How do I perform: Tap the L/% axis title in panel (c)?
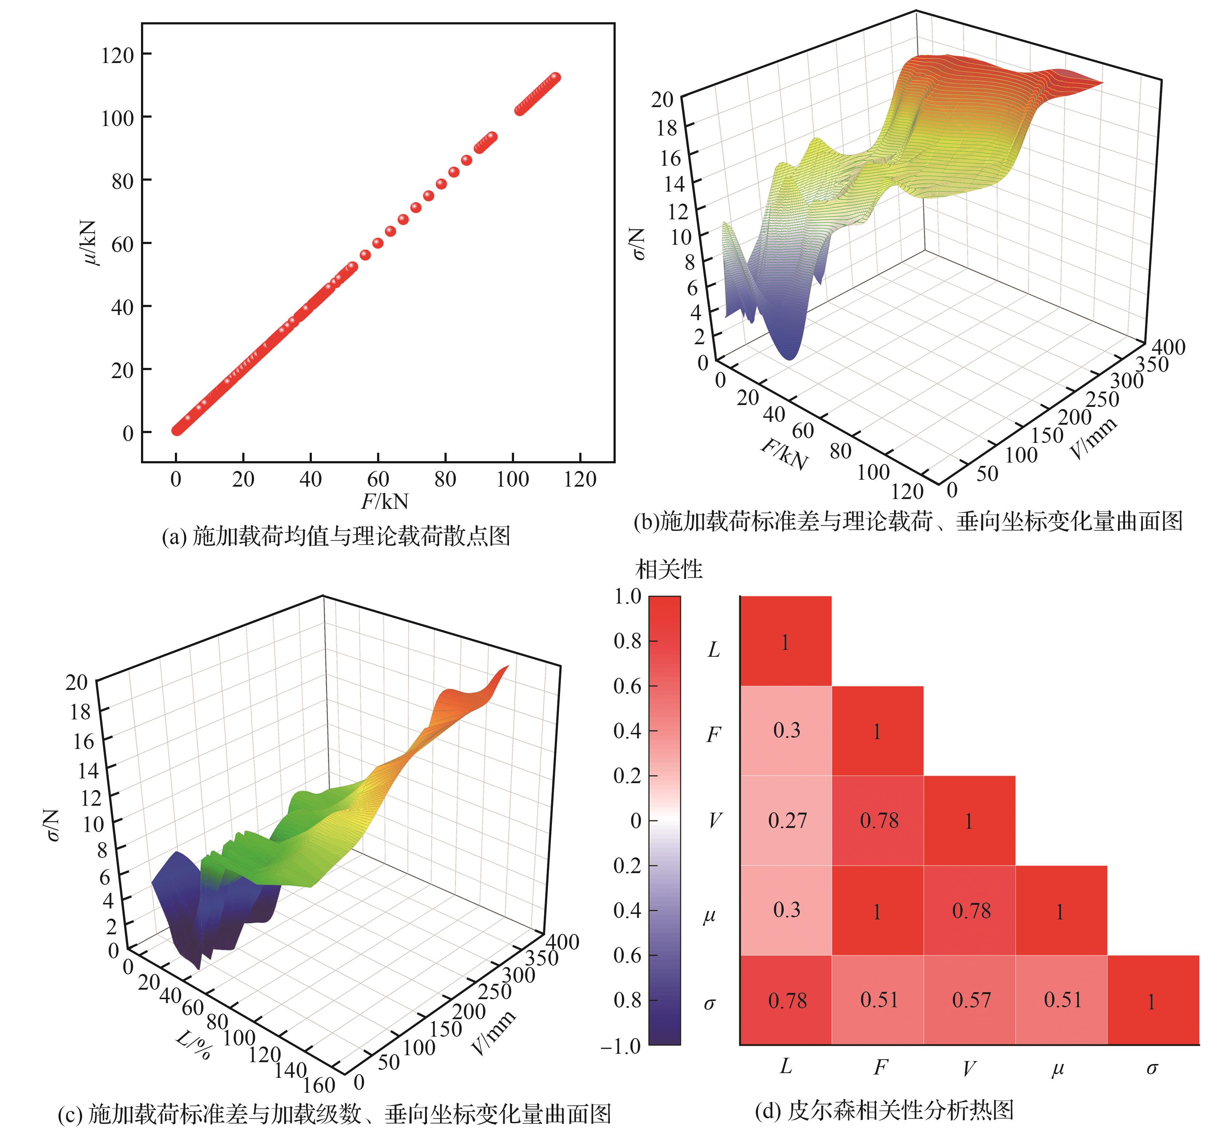tap(194, 1044)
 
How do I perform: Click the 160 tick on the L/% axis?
tap(320, 1085)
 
